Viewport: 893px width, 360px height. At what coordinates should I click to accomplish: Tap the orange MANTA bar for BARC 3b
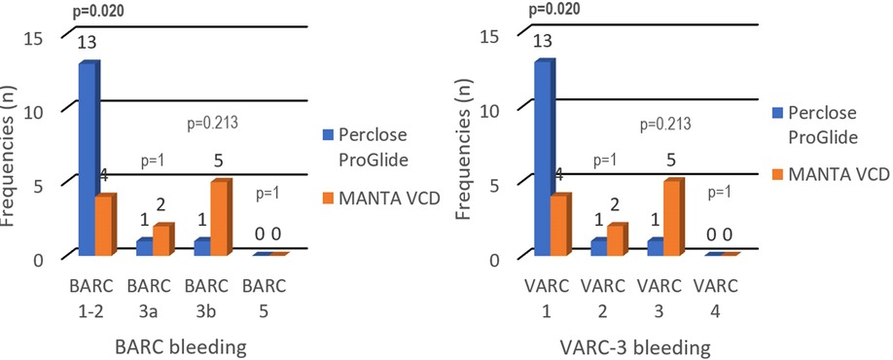pyautogui.click(x=221, y=217)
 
